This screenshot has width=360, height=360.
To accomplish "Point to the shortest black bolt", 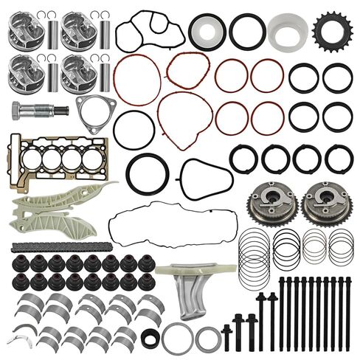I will (226, 336).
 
